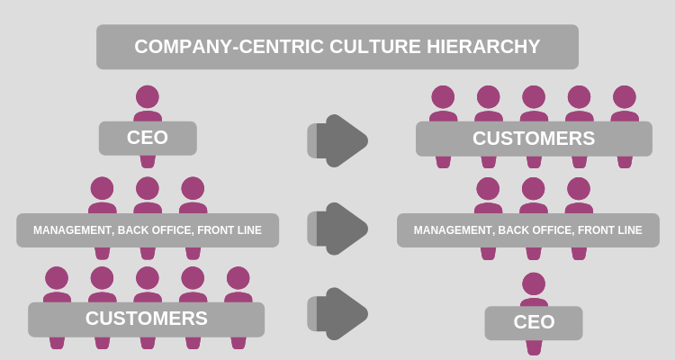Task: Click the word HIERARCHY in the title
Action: [485, 47]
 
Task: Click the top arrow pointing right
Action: [340, 140]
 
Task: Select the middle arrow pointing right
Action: [340, 229]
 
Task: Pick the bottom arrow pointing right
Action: [340, 313]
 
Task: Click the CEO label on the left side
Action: [147, 139]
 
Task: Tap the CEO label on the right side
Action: [534, 322]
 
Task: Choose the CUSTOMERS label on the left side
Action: [146, 318]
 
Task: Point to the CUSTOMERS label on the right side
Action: [534, 139]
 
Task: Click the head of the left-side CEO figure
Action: [147, 96]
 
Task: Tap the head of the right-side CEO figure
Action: [534, 283]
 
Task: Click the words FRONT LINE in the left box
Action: [231, 230]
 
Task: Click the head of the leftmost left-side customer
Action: [57, 277]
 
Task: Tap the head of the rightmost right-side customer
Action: [625, 96]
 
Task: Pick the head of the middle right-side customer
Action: [534, 96]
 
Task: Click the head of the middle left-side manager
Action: [147, 188]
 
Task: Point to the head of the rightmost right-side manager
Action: [579, 188]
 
